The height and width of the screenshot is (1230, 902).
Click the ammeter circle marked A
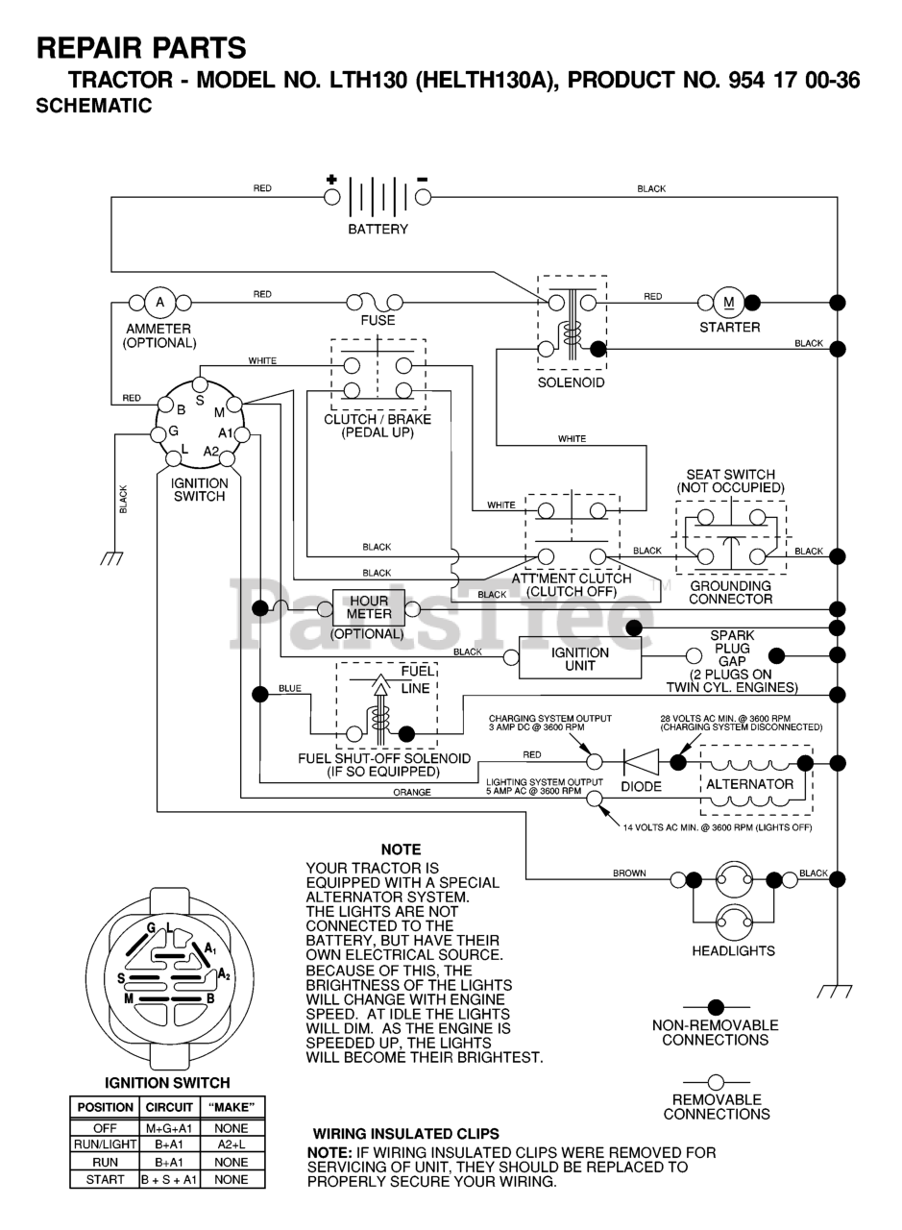[x=160, y=303]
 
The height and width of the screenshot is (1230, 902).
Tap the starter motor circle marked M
[x=727, y=303]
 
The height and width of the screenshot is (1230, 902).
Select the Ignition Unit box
[x=579, y=658]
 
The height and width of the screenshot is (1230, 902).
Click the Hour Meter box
[x=369, y=608]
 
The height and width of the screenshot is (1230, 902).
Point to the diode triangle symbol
[x=641, y=762]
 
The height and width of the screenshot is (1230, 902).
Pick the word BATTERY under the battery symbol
[x=378, y=230]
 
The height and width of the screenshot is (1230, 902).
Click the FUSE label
[x=378, y=321]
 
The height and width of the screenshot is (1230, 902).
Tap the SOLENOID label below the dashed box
[x=572, y=381]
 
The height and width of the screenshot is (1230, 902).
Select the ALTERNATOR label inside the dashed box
[x=749, y=784]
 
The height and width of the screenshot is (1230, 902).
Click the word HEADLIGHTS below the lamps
[x=733, y=951]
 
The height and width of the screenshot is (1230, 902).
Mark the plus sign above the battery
[x=331, y=179]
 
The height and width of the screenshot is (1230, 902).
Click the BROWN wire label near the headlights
[x=629, y=873]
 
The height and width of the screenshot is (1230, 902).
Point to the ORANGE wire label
[x=411, y=793]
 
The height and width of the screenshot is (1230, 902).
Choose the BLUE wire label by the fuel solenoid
[x=289, y=689]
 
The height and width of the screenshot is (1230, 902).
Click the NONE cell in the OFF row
[x=231, y=1128]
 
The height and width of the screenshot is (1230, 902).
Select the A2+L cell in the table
[x=231, y=1145]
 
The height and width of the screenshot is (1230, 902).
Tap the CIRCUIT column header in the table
[x=169, y=1107]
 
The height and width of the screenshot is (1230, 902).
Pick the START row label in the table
[x=105, y=1179]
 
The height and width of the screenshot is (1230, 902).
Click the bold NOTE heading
[x=401, y=849]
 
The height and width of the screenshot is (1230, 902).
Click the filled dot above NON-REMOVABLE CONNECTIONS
[x=715, y=1006]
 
